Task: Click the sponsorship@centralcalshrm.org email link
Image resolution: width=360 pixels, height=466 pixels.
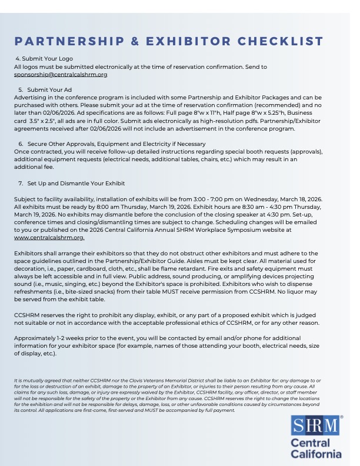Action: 61,75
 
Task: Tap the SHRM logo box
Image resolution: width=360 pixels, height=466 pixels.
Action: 317,425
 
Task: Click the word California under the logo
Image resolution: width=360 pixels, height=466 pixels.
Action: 317,454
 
